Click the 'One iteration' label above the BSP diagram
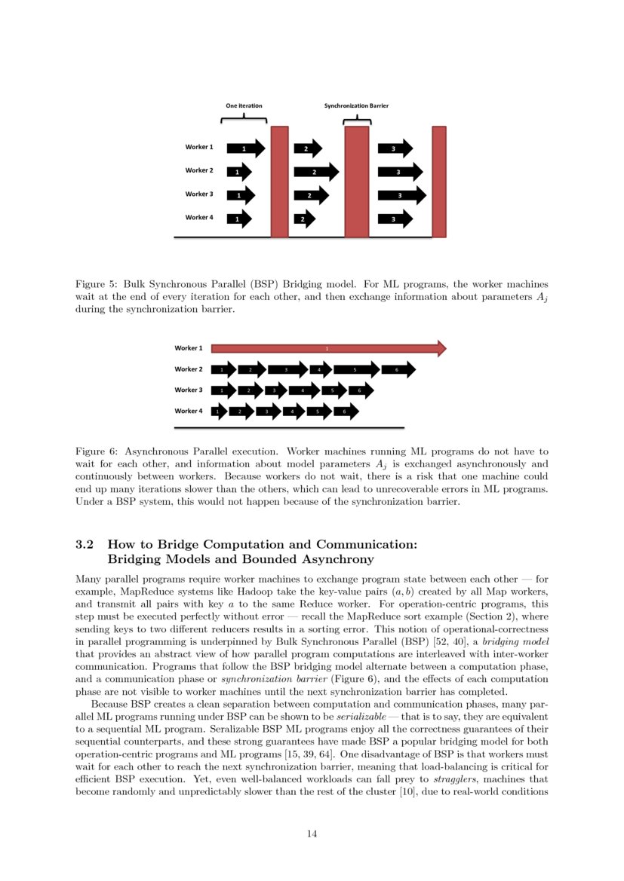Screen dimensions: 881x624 [x=244, y=106]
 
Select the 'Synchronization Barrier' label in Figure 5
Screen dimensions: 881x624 [x=356, y=106]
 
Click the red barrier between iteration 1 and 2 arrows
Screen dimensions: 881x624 [x=279, y=181]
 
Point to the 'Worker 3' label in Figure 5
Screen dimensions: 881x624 [x=199, y=194]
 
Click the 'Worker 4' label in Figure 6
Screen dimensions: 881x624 [x=189, y=411]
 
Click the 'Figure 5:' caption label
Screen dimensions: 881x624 [x=97, y=285]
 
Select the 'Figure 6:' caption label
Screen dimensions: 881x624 [x=97, y=451]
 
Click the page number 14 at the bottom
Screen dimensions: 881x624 [x=312, y=834]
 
